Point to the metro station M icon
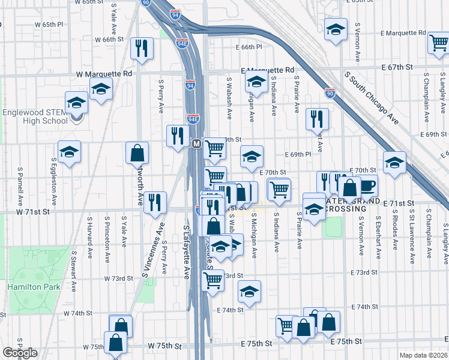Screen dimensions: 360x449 [196, 144]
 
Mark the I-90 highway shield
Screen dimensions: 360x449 [330, 93]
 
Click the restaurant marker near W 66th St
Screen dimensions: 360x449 [142, 49]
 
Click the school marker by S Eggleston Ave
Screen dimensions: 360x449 [69, 152]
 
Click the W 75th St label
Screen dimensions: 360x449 [165, 346]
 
